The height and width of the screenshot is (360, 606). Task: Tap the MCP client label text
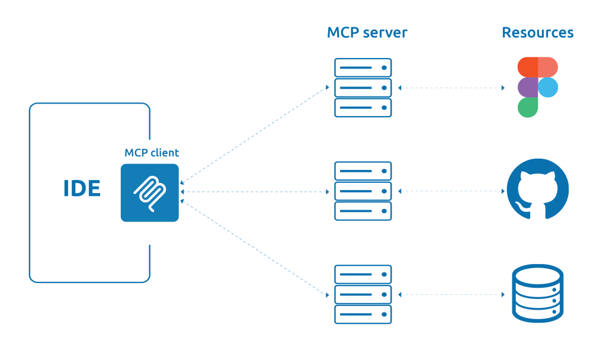point(152,153)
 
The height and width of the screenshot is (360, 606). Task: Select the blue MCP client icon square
point(149,193)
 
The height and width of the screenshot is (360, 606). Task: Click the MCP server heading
point(367,33)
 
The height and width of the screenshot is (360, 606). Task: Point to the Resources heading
point(537,33)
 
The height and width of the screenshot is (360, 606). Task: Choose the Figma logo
point(537,87)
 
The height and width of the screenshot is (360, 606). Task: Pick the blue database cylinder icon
point(537,294)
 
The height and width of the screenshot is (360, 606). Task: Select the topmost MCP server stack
point(363,88)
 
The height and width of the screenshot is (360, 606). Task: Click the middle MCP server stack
point(363,191)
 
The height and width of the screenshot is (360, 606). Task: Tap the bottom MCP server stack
point(363,294)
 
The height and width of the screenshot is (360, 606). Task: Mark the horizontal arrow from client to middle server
point(254,192)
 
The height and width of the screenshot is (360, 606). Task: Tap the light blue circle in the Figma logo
point(548,87)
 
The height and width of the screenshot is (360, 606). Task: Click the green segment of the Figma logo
point(527,107)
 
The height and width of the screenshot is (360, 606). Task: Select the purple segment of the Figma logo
point(527,87)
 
